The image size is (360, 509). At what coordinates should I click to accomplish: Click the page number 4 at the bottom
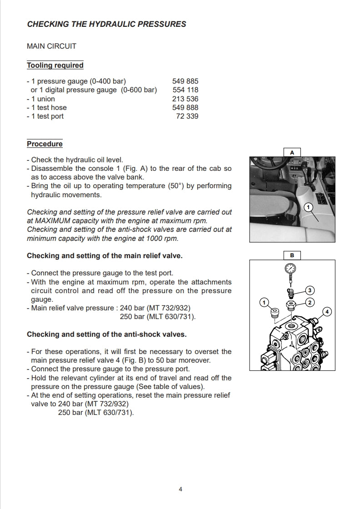180,489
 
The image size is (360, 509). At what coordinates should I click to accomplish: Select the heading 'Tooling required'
55,65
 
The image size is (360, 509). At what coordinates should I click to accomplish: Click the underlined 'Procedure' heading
45,144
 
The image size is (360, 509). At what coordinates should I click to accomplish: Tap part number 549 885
185,82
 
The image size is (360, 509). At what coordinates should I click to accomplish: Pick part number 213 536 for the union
185,99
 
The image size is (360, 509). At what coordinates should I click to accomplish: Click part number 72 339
187,116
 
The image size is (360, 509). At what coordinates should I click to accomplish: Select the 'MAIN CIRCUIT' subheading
52,46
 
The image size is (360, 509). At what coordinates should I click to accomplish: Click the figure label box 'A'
292,153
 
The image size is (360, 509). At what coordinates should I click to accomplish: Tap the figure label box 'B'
292,255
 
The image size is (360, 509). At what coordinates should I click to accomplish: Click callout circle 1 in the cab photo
308,207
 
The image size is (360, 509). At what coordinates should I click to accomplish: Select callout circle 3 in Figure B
310,290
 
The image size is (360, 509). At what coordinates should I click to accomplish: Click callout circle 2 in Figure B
310,302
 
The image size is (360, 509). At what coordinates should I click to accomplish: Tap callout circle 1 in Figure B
263,302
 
